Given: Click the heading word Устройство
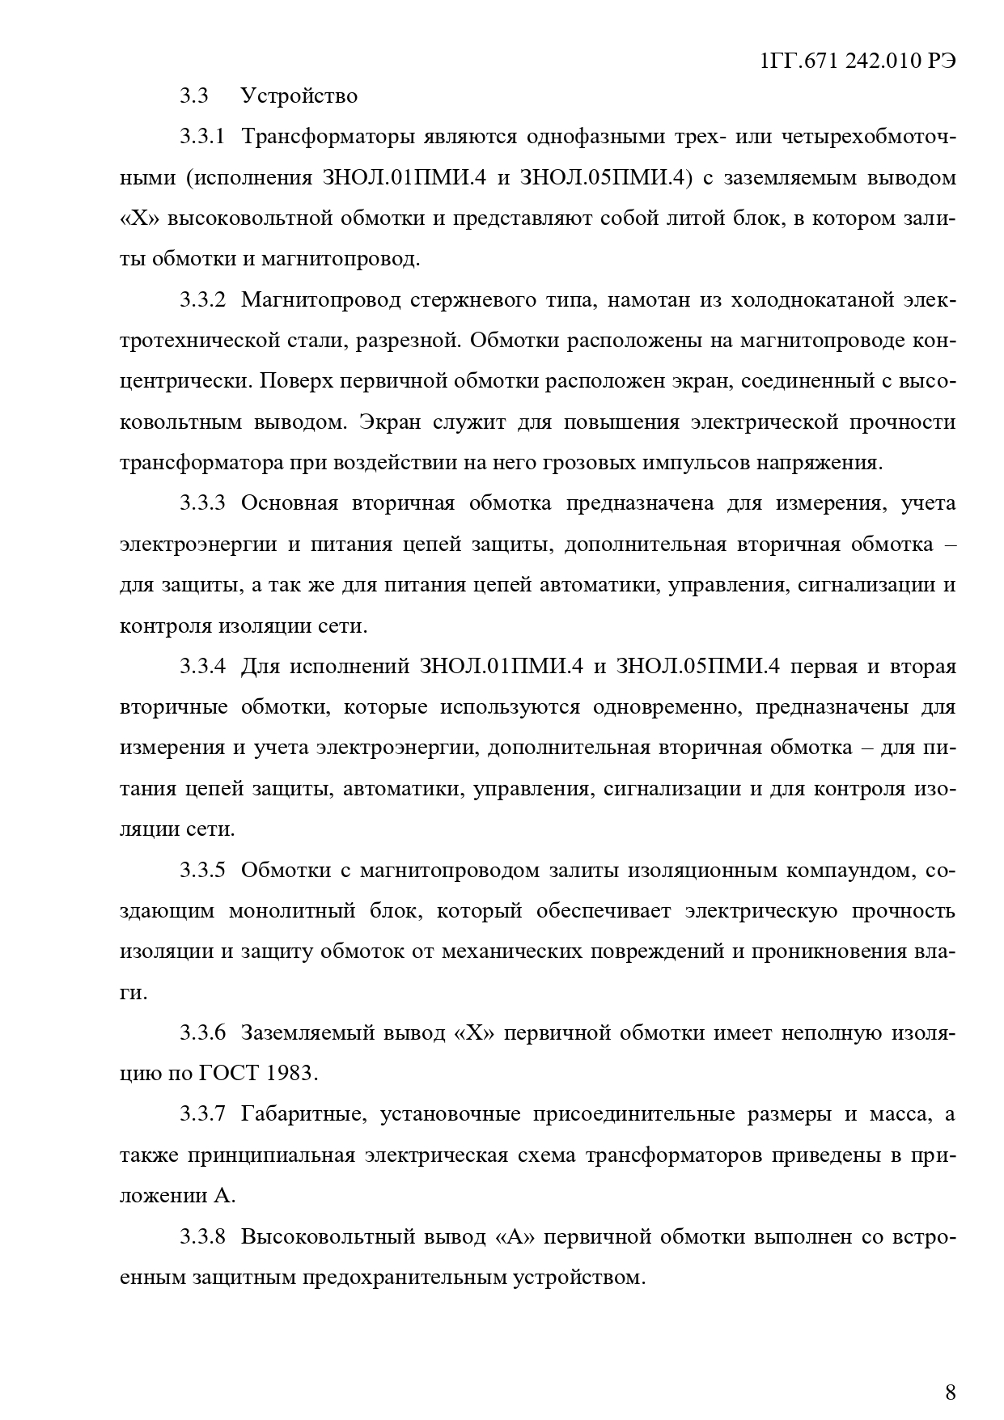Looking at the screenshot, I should click(x=299, y=96).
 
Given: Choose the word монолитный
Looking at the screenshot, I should click(x=294, y=911).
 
